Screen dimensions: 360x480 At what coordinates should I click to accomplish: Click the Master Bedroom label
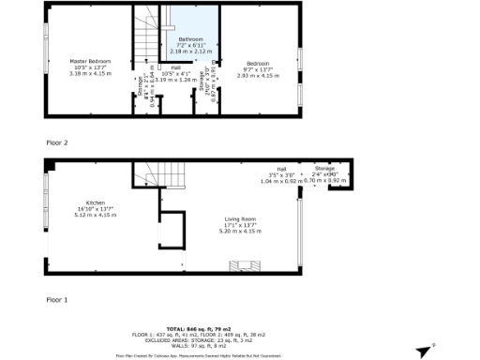[x=91, y=61]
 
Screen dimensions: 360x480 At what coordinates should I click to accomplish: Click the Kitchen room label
[x=95, y=203]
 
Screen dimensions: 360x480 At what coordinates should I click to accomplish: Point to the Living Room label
[x=240, y=219]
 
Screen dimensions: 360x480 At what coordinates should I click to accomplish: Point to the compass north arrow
[x=427, y=350]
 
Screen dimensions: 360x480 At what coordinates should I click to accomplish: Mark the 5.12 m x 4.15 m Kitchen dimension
[x=95, y=215]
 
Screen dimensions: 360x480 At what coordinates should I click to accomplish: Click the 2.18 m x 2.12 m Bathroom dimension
[x=190, y=52]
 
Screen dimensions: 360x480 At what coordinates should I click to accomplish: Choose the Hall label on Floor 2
[x=177, y=67]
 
